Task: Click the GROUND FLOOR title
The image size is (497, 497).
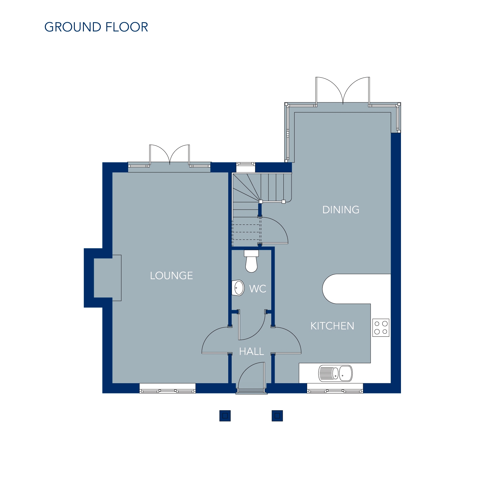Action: tap(96, 27)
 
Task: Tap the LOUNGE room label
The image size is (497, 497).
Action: tap(171, 276)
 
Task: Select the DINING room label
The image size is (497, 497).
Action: tap(341, 210)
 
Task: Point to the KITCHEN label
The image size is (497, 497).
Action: tap(332, 326)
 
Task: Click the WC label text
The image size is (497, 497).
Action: tap(258, 289)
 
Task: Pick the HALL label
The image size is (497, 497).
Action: tap(251, 351)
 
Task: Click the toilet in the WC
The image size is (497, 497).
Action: tap(251, 261)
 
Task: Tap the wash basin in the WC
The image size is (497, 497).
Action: tap(238, 287)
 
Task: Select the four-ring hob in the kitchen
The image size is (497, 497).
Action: tap(381, 328)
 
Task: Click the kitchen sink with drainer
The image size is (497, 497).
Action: tap(335, 373)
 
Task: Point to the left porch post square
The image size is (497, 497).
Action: tap(225, 416)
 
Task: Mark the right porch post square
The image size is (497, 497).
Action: tap(277, 416)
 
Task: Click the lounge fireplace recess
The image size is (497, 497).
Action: tap(108, 278)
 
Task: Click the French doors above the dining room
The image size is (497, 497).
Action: tap(343, 90)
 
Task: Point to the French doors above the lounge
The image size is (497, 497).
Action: tap(170, 154)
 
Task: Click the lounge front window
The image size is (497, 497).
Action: tap(167, 388)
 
